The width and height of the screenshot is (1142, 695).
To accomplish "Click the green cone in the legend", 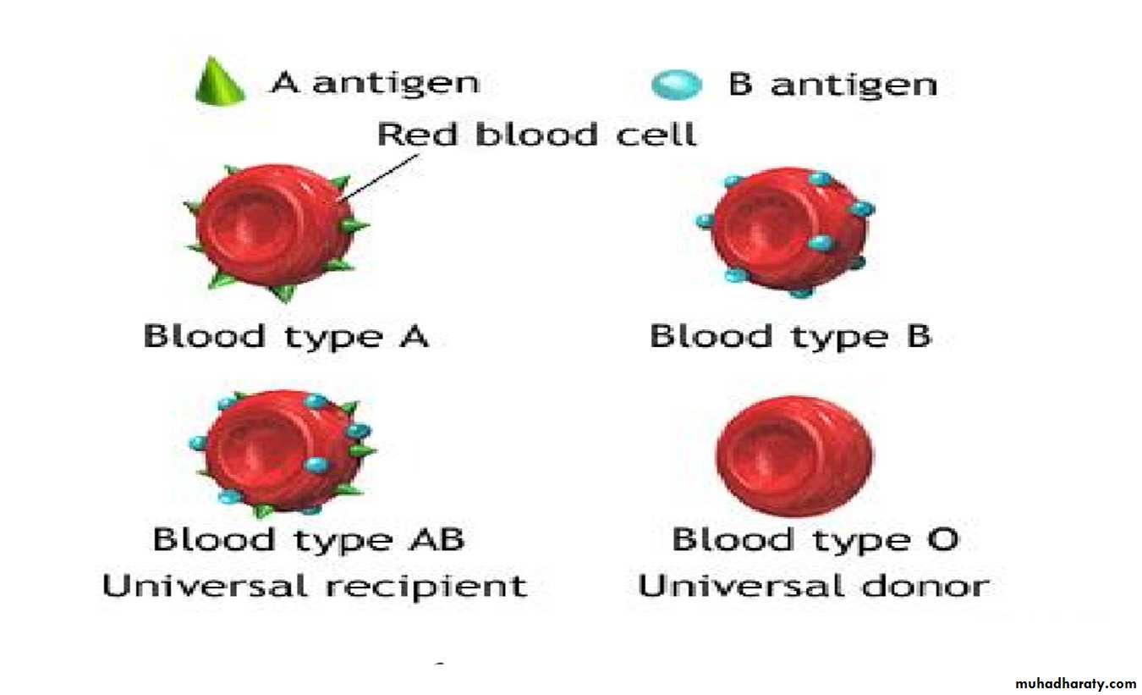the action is (220, 81).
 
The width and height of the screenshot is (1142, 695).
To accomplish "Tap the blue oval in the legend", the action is (677, 85).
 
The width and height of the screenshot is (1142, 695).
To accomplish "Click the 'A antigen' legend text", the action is (376, 84).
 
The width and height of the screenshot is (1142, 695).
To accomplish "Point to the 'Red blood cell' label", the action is (537, 135).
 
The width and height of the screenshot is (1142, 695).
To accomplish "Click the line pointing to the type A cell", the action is (378, 179).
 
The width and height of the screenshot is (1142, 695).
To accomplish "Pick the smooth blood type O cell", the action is (793, 456).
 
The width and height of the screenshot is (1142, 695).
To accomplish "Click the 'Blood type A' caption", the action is (286, 337).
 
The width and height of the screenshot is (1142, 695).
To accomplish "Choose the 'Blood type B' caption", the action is (791, 337).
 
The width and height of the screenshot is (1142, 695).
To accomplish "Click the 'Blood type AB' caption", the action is (309, 540).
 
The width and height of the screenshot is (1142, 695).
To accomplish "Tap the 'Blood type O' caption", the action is (815, 540).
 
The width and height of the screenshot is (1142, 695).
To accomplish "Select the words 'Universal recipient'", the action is (315, 586).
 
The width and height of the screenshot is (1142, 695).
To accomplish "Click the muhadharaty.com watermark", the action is (1075, 683).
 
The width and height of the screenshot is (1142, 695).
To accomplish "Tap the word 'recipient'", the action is (426, 587).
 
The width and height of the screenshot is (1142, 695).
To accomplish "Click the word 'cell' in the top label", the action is (656, 135).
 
